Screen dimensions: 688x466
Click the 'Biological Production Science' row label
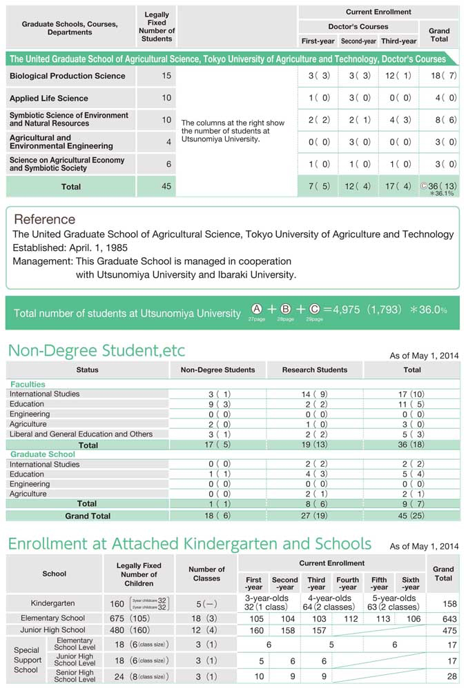(x=68, y=76)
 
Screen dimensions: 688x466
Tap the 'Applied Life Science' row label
(x=49, y=99)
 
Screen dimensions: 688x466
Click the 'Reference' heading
(x=45, y=219)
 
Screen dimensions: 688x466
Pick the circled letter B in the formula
(x=286, y=310)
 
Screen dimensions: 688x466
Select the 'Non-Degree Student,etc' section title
(x=97, y=350)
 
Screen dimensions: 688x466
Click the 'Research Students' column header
(x=315, y=370)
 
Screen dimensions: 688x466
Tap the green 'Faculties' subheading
(x=28, y=384)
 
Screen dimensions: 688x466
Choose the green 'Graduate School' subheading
(x=43, y=454)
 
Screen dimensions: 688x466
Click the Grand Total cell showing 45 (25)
(x=411, y=516)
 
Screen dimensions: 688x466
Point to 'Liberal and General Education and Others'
(x=81, y=434)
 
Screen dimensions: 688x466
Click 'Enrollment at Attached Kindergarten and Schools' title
(x=189, y=544)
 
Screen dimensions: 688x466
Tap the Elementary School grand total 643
(x=443, y=618)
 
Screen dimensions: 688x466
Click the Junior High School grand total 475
(x=443, y=630)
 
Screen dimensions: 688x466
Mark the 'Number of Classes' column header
(x=206, y=574)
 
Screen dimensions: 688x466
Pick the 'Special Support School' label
(x=26, y=660)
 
